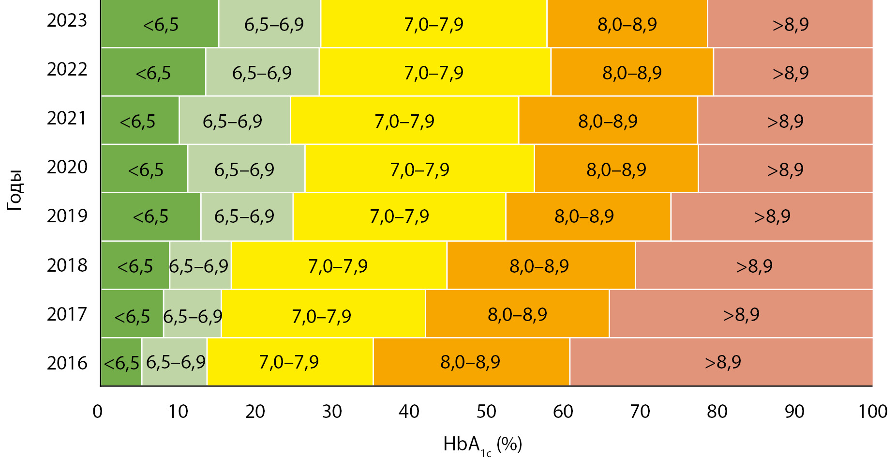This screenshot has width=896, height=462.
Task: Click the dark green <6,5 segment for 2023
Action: click(160, 24)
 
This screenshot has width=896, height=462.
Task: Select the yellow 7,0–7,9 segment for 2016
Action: click(290, 362)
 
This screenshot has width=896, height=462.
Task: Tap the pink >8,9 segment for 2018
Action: click(754, 265)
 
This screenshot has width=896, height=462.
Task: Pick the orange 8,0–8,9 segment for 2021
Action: click(608, 120)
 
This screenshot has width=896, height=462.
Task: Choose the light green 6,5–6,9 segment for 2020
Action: click(246, 169)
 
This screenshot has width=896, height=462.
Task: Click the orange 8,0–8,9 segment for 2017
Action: click(517, 314)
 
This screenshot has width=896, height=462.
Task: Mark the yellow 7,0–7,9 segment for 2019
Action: click(399, 216)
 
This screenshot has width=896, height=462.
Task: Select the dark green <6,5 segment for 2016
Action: click(121, 362)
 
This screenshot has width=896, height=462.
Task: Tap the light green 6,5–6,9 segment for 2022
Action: click(262, 72)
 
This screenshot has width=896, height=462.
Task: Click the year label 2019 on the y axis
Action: click(67, 216)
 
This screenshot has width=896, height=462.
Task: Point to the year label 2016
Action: click(67, 363)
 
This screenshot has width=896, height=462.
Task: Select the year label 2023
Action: click(67, 20)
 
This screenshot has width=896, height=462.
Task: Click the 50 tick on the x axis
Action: click(486, 412)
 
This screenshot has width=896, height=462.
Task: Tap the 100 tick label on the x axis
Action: click(872, 412)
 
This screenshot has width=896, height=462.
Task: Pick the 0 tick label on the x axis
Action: click(98, 412)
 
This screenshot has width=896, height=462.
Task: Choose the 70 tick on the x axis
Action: click(640, 412)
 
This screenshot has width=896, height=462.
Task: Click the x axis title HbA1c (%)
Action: click(482, 445)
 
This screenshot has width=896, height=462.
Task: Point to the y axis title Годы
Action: click(15, 190)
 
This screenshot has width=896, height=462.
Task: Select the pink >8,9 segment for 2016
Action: click(722, 362)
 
